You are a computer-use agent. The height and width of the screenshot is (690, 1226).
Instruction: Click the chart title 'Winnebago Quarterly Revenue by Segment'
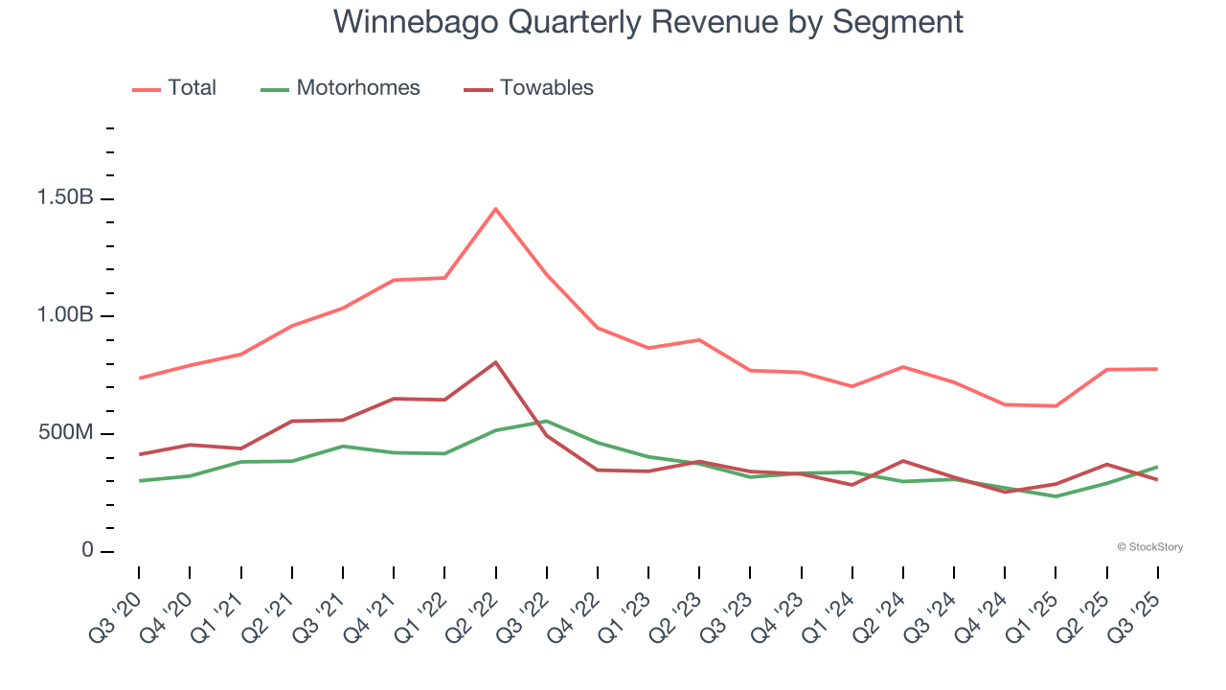[647, 21]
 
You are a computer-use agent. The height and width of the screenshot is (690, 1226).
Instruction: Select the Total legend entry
[192, 88]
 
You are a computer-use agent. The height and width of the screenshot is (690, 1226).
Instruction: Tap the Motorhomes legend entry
[357, 88]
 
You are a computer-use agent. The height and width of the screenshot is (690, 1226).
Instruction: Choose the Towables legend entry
[546, 88]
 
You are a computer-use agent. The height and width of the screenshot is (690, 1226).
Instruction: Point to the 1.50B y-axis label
[65, 198]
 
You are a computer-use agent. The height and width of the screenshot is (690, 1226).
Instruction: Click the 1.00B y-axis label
[65, 316]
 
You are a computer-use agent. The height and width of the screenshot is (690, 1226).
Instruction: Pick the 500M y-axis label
[66, 433]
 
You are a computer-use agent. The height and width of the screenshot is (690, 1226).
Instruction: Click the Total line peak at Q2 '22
[495, 209]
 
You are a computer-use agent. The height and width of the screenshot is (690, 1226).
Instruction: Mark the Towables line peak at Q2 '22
[495, 362]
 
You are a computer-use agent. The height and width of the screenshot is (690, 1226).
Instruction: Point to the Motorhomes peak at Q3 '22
[546, 421]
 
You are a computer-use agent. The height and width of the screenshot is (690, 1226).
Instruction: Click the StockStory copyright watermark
[1149, 547]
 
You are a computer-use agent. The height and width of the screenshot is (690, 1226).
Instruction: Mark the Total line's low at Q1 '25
[1056, 406]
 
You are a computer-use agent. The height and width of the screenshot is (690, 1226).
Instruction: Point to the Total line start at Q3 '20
[139, 378]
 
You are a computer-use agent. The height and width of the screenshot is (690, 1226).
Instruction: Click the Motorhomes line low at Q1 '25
[1056, 496]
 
